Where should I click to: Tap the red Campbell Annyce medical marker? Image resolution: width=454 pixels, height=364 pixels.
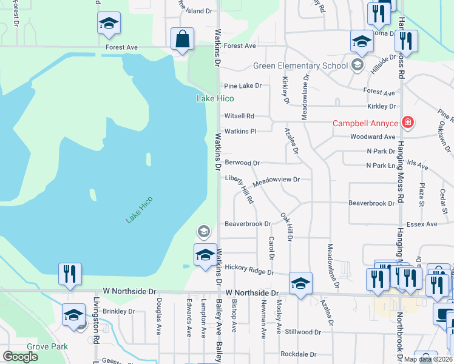tap(407, 123)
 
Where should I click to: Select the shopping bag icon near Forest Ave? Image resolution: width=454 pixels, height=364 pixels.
tap(182, 41)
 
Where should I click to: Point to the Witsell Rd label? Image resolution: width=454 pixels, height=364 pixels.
tap(239, 116)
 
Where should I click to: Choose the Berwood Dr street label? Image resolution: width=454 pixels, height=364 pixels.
tap(242, 163)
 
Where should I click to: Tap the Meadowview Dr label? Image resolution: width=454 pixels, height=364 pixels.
tap(276, 180)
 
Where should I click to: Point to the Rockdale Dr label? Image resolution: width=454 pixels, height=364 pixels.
tap(298, 354)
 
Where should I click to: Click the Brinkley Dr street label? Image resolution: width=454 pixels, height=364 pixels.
tap(118, 311)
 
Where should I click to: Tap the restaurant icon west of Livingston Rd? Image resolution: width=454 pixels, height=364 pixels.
tap(70, 274)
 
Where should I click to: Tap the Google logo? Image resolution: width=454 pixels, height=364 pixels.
tap(21, 357)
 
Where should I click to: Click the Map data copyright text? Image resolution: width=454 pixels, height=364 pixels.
tap(427, 359)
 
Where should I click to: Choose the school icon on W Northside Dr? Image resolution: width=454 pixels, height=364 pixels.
tap(300, 283)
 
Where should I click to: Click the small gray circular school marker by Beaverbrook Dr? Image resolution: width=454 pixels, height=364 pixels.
tap(203, 231)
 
